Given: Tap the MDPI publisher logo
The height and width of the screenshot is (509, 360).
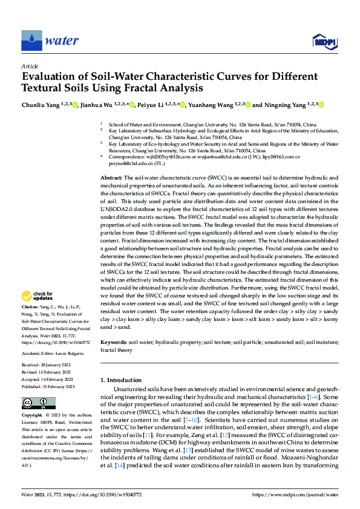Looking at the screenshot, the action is (x=324, y=41).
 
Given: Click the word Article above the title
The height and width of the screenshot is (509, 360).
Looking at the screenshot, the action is (x=29, y=66).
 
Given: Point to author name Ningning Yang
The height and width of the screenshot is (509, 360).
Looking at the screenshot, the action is (x=283, y=105).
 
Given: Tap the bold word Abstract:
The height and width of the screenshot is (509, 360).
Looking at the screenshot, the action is (x=111, y=178).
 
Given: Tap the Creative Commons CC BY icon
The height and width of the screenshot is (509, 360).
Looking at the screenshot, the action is (x=35, y=403).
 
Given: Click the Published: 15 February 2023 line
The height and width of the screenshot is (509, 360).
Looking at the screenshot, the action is (x=48, y=386).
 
